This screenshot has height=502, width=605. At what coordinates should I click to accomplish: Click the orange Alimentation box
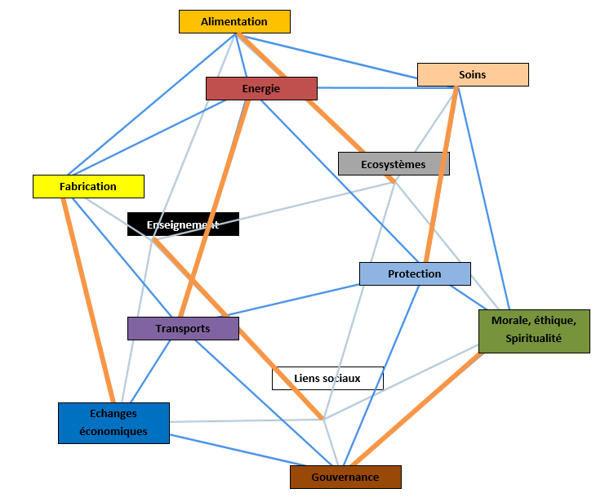[234, 21]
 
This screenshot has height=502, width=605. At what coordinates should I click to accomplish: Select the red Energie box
[260, 88]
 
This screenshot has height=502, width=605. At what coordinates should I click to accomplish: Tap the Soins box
[472, 74]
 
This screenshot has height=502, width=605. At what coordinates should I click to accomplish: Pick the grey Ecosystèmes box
[393, 164]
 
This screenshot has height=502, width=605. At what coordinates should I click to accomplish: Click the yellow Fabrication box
[88, 186]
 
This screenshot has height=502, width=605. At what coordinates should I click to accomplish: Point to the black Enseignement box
[182, 224]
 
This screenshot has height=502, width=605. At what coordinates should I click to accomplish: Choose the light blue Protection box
[414, 273]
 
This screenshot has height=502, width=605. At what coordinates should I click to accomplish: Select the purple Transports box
[182, 328]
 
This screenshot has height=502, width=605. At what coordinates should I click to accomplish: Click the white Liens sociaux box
[327, 378]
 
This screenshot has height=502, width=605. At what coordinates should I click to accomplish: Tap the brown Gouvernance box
[345, 477]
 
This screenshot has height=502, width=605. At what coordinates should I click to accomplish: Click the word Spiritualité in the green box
[533, 338]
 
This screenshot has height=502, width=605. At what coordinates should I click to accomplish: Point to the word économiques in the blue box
[113, 431]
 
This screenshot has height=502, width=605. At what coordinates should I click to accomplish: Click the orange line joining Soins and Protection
[441, 171]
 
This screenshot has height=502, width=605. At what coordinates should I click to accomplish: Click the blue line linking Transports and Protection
[294, 300]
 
